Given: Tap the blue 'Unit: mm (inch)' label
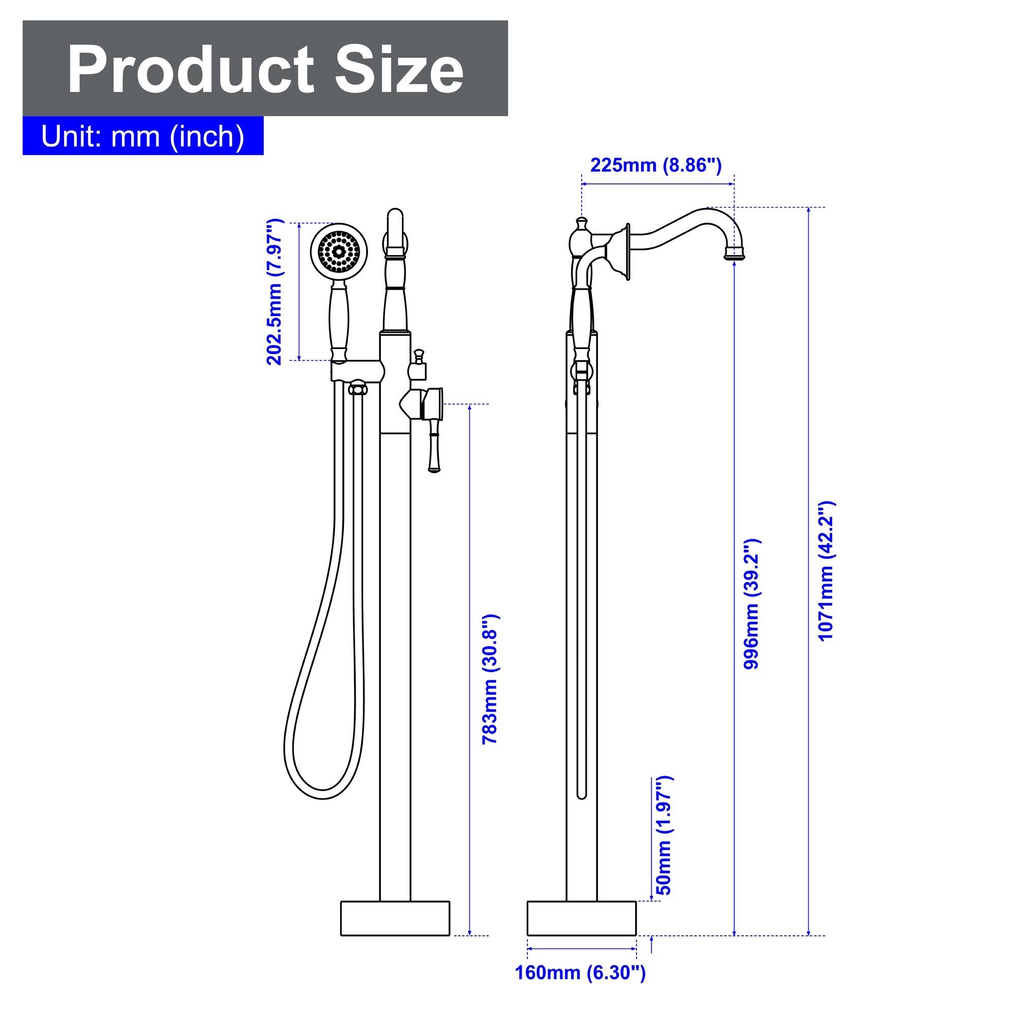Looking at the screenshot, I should pyautogui.click(x=143, y=136).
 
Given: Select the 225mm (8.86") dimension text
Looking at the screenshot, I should pyautogui.click(x=656, y=165).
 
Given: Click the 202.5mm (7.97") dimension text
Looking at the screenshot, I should pyautogui.click(x=274, y=292).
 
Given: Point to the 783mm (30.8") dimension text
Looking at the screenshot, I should pyautogui.click(x=490, y=678).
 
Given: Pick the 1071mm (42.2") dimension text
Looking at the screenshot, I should pyautogui.click(x=826, y=570).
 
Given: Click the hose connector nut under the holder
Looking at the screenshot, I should pyautogui.click(x=358, y=390).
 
